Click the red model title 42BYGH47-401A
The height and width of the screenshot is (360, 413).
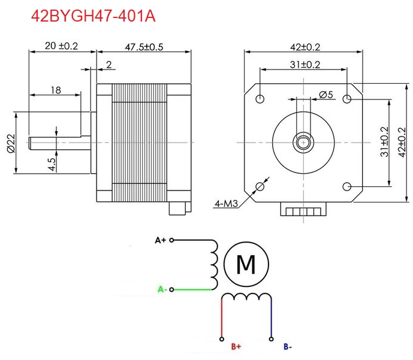[93, 16]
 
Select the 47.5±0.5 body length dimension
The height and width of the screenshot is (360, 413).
[144, 46]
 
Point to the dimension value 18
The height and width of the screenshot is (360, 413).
[55, 90]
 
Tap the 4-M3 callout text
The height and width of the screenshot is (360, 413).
[227, 204]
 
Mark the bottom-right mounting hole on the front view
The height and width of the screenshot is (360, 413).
[348, 186]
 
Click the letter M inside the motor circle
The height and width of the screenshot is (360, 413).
[246, 263]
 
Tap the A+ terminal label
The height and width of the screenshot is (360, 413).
[160, 240]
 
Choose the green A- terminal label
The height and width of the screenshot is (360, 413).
[161, 289]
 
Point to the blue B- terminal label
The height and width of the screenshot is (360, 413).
[287, 346]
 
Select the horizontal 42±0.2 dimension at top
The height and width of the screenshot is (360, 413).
[305, 46]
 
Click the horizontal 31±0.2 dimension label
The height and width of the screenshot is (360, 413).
[305, 64]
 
